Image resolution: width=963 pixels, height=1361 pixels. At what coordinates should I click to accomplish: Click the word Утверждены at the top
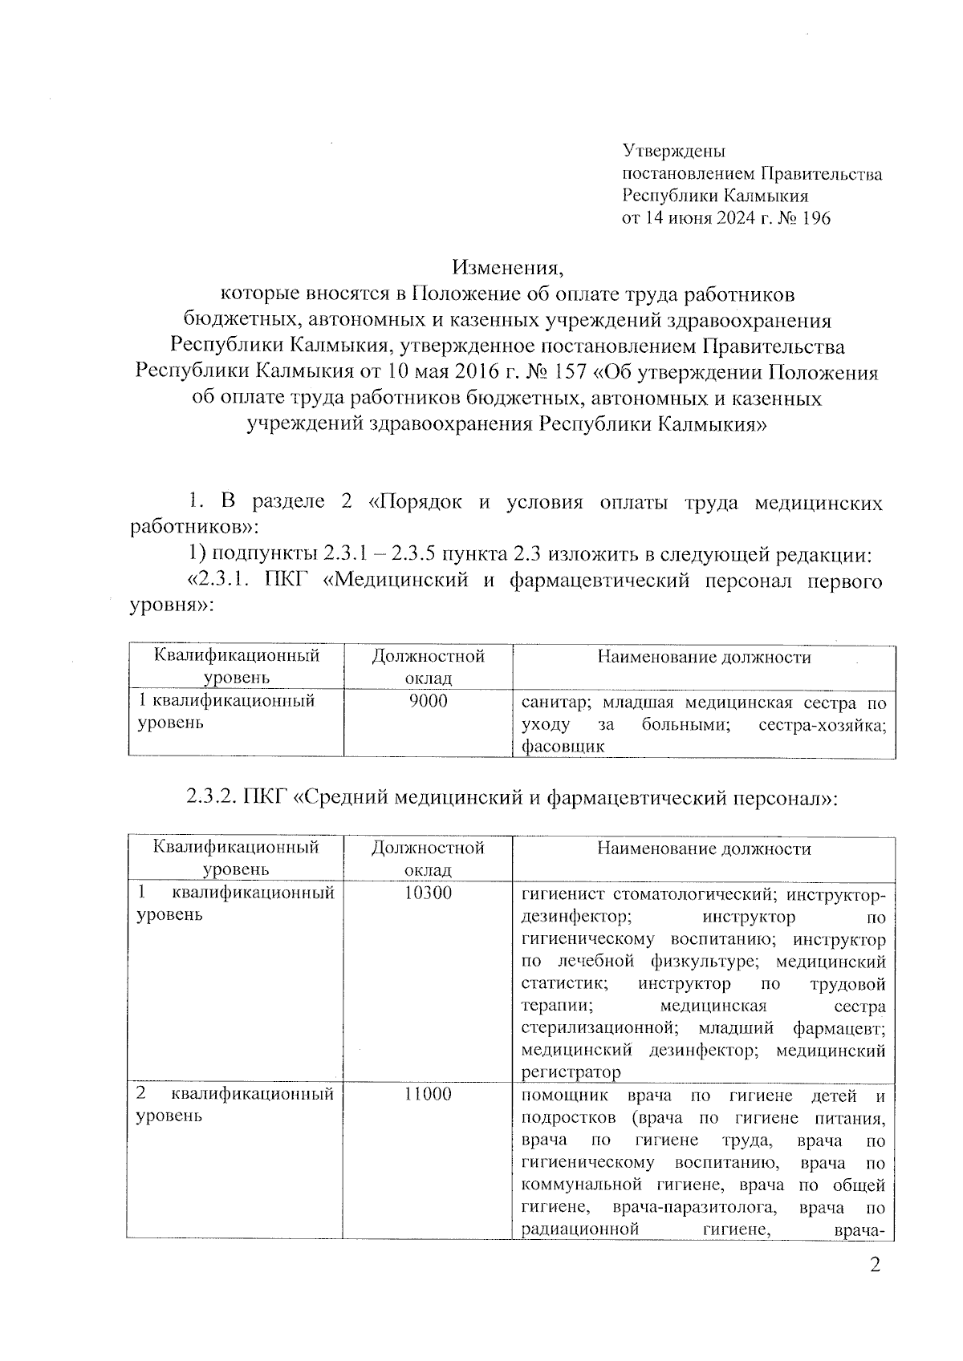coord(675,150)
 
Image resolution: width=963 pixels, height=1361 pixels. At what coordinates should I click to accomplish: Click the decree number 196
coord(813,218)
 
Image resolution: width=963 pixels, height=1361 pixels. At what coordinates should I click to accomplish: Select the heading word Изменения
coord(506,267)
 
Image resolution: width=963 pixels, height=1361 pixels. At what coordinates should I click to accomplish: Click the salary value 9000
coord(428,702)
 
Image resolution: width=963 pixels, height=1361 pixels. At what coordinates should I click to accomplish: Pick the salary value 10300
coord(428,893)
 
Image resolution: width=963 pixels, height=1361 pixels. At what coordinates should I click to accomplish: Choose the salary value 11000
coord(428,1095)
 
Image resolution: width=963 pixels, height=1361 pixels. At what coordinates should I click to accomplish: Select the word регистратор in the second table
coord(571,1072)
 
